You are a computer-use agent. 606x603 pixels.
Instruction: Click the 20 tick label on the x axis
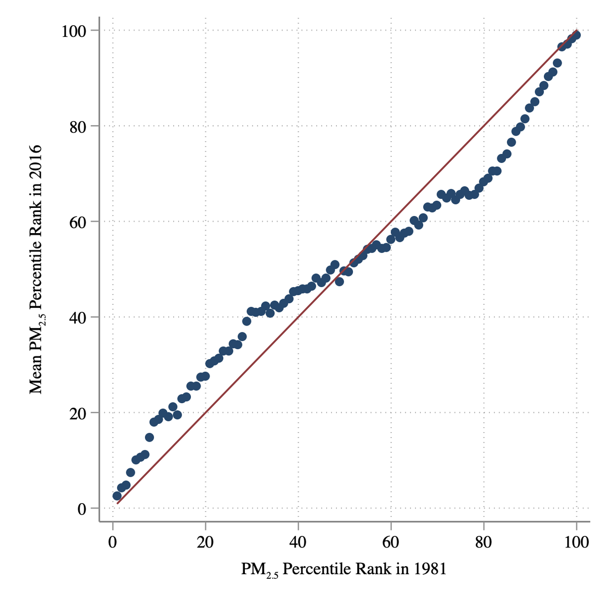point(205,543)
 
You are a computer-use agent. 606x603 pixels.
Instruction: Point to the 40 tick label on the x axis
point(298,543)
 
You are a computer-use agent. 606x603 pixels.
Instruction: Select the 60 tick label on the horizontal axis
point(391,543)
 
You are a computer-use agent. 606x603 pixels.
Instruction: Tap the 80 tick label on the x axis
point(484,543)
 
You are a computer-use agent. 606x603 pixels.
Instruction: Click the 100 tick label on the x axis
point(576,543)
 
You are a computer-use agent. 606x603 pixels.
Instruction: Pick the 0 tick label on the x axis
point(113,543)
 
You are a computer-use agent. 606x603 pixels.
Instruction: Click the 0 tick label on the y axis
point(81,509)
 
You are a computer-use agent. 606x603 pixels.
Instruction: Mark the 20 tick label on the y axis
point(77,413)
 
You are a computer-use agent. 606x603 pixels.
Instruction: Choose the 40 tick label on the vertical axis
point(77,317)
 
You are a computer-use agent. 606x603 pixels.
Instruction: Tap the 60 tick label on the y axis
point(77,222)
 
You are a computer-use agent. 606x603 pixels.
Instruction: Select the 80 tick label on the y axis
point(77,127)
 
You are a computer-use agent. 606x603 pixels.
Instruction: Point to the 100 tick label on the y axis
point(73,31)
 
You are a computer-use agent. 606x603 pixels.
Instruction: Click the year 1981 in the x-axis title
point(429,569)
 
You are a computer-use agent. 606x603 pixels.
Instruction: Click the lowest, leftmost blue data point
point(117,496)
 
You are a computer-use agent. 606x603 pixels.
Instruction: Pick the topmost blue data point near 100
point(576,35)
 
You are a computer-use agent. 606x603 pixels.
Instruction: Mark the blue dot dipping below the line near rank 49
point(339,282)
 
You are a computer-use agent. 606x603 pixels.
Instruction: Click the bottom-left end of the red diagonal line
point(117,503)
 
